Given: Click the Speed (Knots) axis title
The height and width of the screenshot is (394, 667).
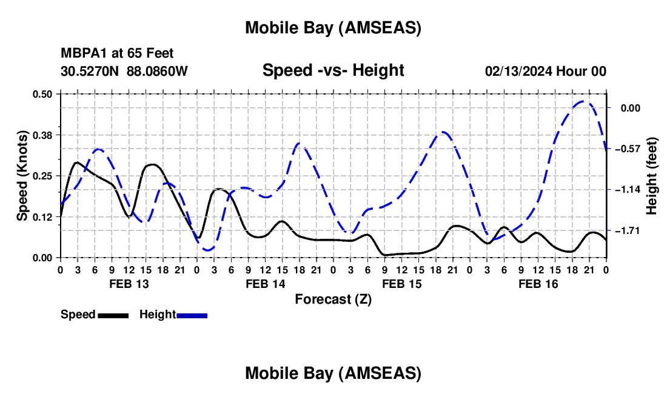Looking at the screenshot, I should (22, 176).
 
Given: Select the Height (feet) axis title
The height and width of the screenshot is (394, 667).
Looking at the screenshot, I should (652, 176).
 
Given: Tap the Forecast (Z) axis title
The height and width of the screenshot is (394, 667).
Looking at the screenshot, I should (333, 299).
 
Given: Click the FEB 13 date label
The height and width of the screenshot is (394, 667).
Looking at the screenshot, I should (128, 284).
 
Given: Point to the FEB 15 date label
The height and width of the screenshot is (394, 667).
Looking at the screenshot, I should (401, 284).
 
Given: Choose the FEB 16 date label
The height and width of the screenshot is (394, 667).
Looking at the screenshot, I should (538, 284).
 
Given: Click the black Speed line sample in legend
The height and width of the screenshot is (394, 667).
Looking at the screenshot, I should (113, 315).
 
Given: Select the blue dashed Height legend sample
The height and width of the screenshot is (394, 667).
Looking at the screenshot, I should (192, 315).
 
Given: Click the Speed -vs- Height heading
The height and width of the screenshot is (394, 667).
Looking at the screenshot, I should (333, 70).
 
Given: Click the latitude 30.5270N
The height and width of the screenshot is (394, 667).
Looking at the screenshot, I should (90, 72).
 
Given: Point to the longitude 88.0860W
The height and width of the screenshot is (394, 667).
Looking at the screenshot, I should (157, 72).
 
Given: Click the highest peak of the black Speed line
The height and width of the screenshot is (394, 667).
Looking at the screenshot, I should (77, 162).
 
